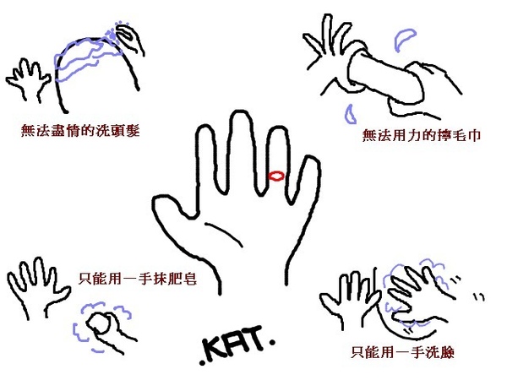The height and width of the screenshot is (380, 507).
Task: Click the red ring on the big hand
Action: [275, 176]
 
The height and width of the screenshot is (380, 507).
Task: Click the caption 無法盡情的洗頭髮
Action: [80, 133]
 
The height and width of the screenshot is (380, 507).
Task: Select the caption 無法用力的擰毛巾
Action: [422, 135]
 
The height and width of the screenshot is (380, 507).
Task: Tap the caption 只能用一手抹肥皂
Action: [137, 276]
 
